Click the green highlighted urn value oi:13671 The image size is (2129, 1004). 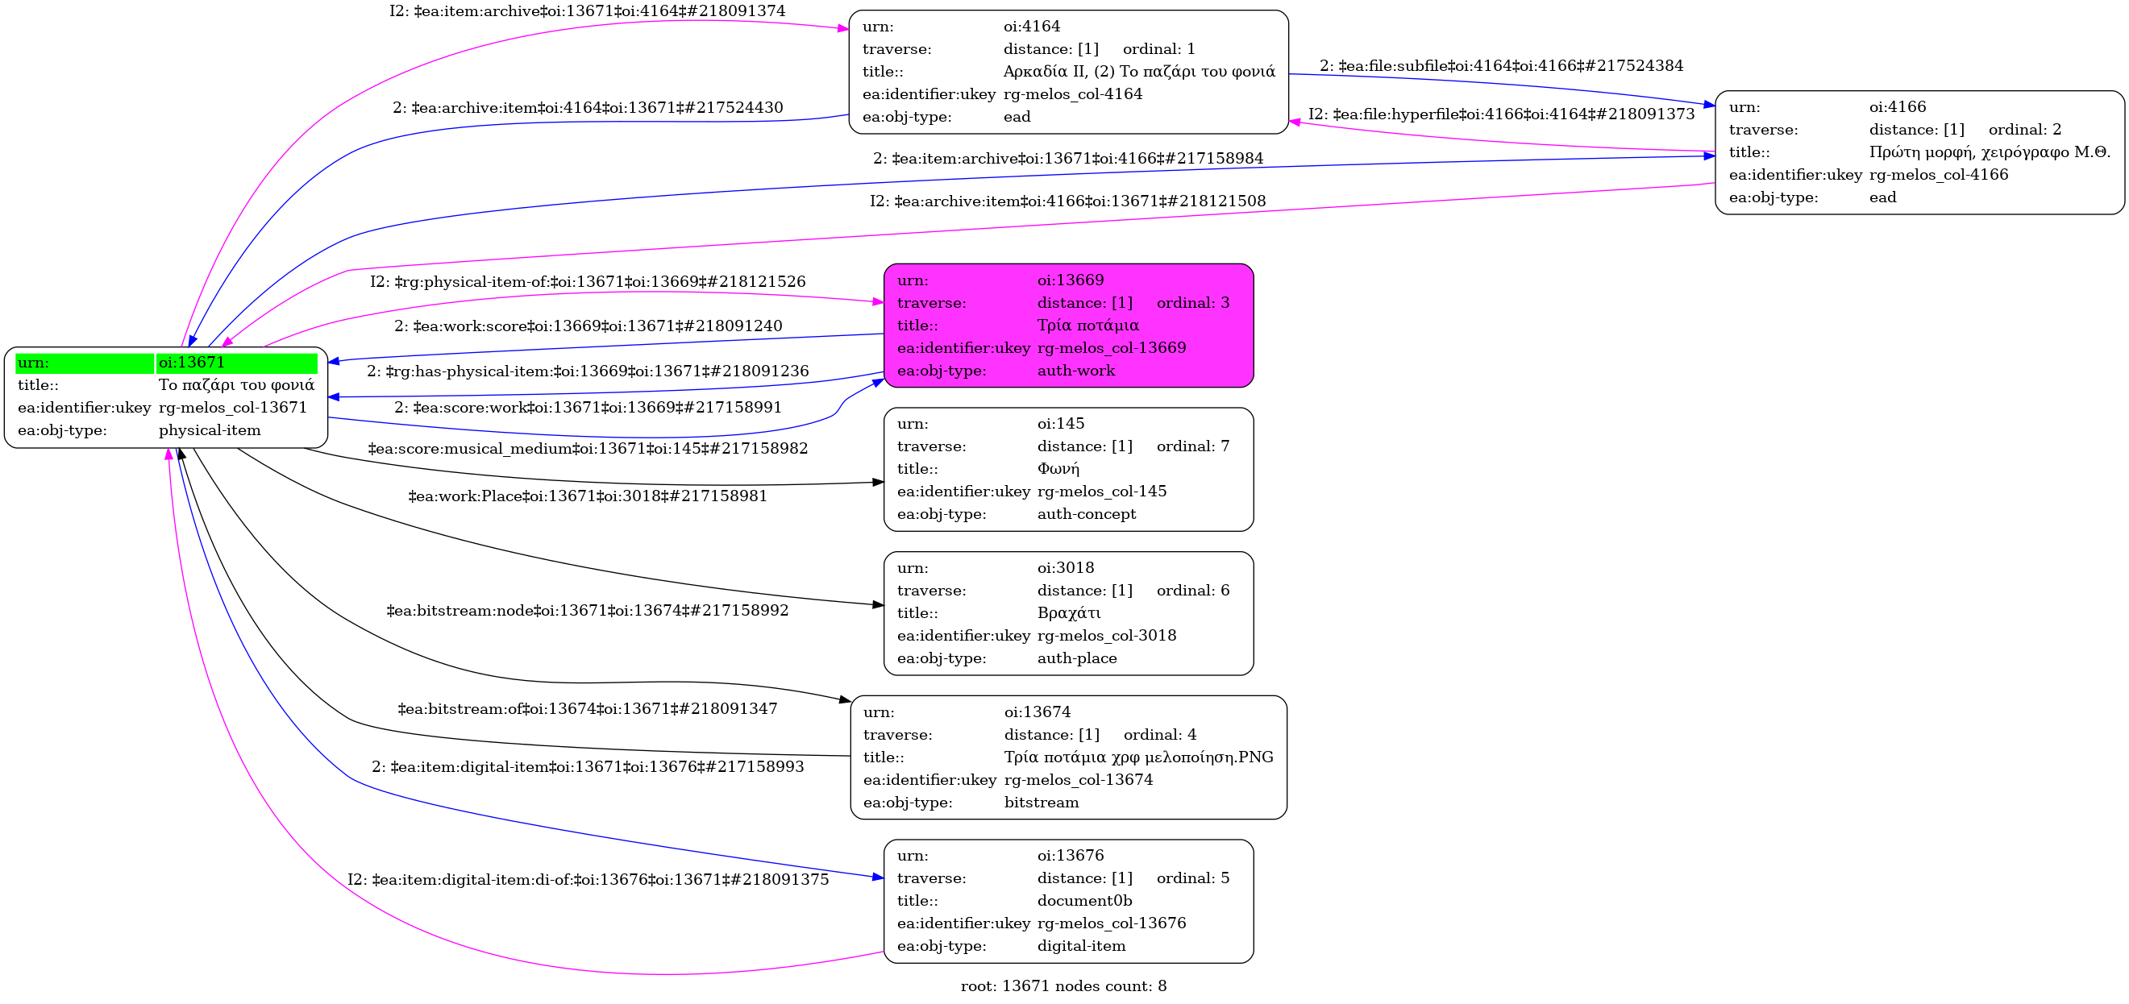click(191, 363)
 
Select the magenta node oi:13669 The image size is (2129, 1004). click(1068, 326)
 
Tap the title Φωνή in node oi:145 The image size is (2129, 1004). click(1058, 469)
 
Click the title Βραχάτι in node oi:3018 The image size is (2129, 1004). click(1069, 613)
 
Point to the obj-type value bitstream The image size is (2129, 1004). click(1041, 803)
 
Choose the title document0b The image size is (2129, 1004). click(1084, 901)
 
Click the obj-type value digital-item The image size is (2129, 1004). click(1081, 946)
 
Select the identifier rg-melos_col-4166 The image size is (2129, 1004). click(1938, 175)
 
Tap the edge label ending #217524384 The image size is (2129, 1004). click(1501, 66)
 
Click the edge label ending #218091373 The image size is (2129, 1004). click(1501, 114)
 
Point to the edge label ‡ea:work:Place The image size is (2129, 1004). click(587, 496)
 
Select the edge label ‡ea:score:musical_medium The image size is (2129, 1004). click(587, 449)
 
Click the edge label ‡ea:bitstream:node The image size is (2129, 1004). click(587, 611)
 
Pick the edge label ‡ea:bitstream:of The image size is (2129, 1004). click(587, 709)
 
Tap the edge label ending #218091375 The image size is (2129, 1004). click(587, 880)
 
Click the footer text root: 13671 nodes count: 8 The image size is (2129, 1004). click(1062, 985)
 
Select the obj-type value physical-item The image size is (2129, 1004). click(209, 430)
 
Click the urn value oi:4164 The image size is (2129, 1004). click(1031, 27)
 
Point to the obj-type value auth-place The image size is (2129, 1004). click(1077, 658)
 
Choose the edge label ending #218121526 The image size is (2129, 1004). click(587, 282)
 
